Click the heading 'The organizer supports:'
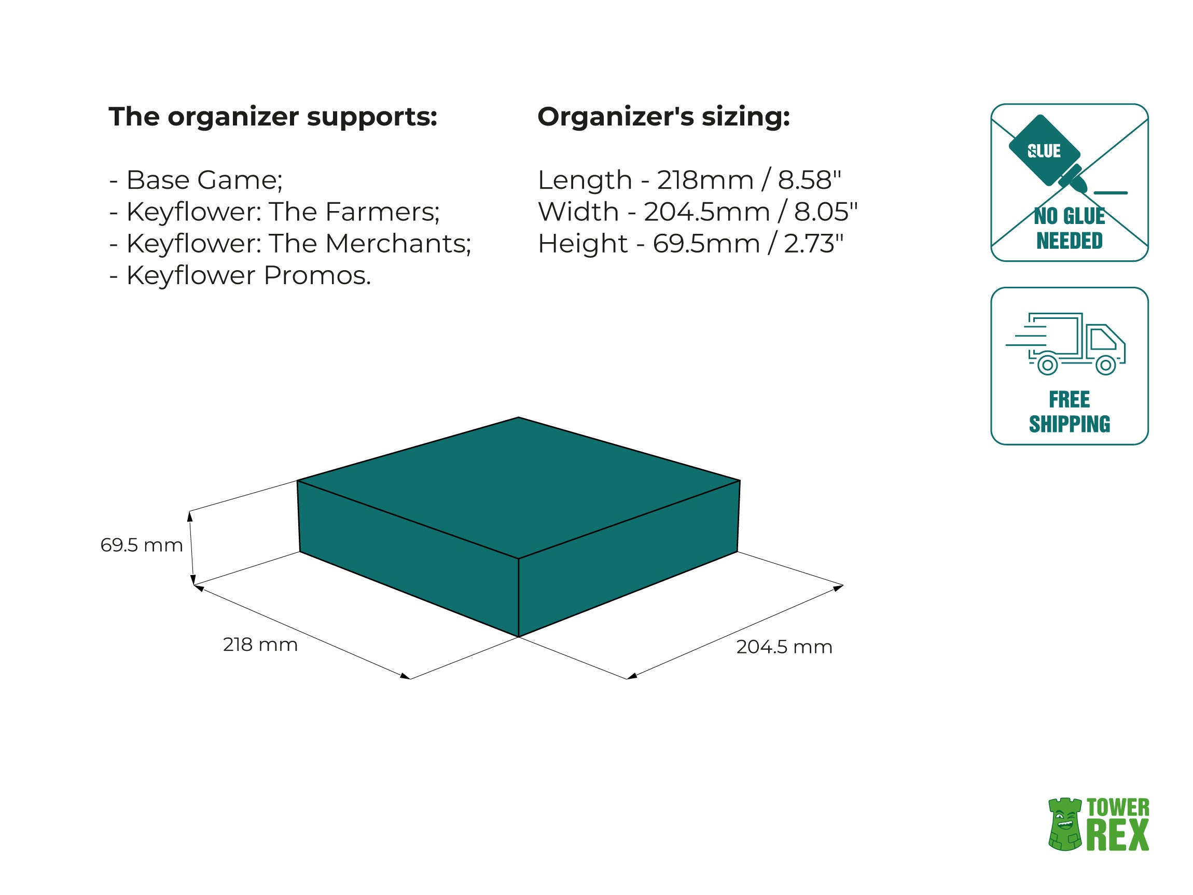coord(273,117)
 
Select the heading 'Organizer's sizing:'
coord(663,117)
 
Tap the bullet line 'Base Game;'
coord(204,180)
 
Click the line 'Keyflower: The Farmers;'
coord(283,212)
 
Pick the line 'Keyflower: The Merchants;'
coord(298,244)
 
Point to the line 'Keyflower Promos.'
coord(248,275)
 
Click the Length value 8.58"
coord(809,180)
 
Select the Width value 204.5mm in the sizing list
coord(706,212)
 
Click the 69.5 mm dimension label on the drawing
coord(142,545)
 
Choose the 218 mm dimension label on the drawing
coord(260,645)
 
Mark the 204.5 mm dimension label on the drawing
coord(784,647)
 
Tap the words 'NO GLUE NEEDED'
coord(1070,229)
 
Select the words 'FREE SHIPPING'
coord(1070,412)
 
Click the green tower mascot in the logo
coord(1065,825)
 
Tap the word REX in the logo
coord(1118,835)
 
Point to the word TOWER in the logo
coord(1118,808)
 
